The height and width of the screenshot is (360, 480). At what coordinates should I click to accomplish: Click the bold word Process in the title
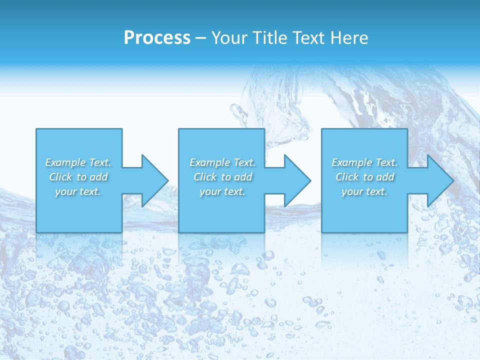[157, 38]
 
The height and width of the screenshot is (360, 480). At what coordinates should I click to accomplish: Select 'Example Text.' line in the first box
[78, 162]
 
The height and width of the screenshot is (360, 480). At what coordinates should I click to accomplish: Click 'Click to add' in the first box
[78, 177]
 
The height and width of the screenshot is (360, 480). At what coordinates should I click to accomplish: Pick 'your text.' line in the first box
[78, 191]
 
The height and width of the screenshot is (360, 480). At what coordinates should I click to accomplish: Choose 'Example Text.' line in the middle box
[222, 162]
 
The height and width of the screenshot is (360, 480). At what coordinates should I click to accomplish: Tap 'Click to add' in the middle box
[222, 177]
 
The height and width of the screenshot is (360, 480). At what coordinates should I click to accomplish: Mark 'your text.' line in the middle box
[222, 191]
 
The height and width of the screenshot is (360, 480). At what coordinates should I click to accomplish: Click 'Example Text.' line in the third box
[364, 162]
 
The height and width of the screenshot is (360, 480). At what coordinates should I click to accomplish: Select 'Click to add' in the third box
[364, 177]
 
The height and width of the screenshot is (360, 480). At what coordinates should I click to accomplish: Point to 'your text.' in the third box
[364, 191]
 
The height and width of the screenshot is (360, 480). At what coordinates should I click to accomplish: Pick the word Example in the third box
[352, 162]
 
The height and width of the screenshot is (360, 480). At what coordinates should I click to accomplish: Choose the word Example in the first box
[65, 162]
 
